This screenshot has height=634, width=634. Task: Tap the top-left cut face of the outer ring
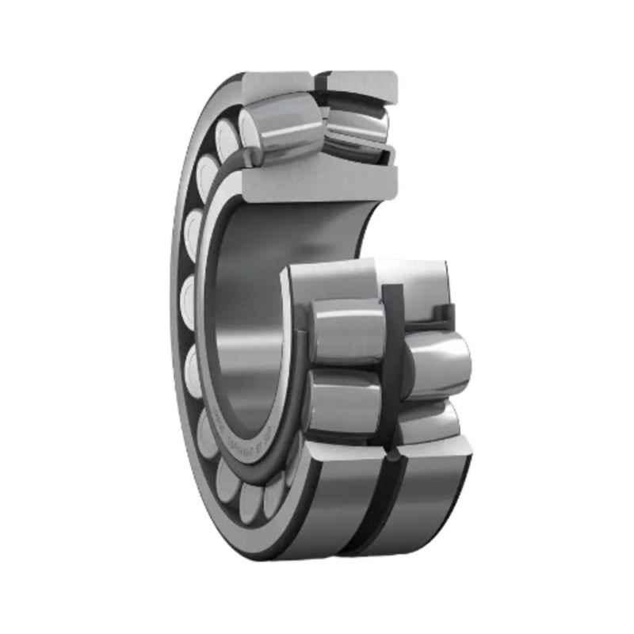(275, 82)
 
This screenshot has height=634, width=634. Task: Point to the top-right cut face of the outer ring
(361, 81)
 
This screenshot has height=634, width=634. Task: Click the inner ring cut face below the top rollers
(317, 182)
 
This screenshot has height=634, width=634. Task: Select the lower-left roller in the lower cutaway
(342, 400)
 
